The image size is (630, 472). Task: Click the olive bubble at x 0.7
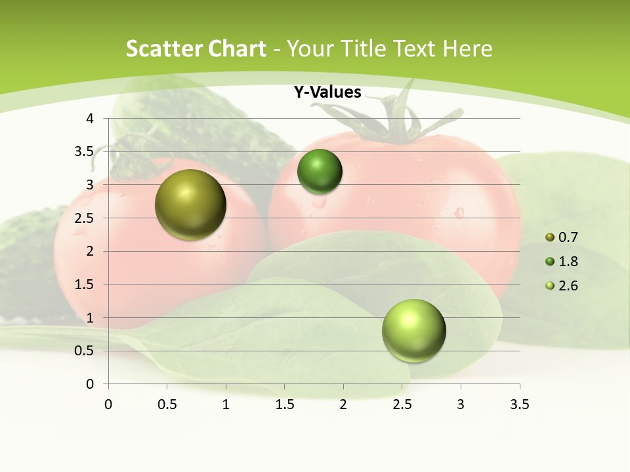[190, 205]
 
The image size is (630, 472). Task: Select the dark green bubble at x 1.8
[320, 172]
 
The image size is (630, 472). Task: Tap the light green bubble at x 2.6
[413, 330]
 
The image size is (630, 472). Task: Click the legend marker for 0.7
[550, 237]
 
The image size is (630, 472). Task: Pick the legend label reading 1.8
[568, 262]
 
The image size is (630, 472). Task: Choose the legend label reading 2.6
[568, 286]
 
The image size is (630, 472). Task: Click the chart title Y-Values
[327, 92]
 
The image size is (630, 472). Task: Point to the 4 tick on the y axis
[90, 119]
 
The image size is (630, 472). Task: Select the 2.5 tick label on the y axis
[85, 218]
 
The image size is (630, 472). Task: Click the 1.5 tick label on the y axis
[85, 285]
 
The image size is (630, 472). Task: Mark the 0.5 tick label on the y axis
[85, 351]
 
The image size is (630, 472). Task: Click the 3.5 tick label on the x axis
[519, 404]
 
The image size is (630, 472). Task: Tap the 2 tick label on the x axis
[343, 404]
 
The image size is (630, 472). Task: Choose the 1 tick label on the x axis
[226, 404]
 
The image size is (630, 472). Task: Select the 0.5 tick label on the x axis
[167, 404]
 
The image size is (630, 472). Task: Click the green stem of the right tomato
[398, 122]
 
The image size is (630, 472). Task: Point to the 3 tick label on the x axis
[461, 404]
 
